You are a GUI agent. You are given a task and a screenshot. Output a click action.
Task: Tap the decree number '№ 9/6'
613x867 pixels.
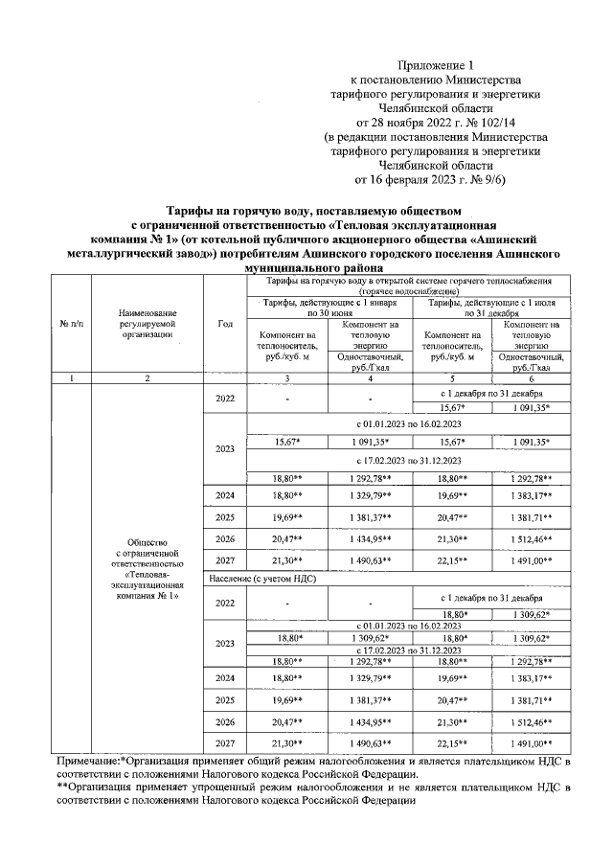pos(495,178)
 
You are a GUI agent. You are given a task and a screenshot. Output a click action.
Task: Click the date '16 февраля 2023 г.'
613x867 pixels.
pos(421,178)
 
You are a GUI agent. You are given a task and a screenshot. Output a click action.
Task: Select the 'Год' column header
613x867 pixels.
pos(225,323)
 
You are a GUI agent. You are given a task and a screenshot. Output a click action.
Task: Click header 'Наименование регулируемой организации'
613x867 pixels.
pos(147,323)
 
